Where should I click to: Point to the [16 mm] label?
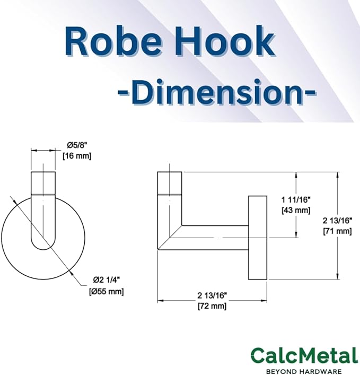pyautogui.click(x=77, y=156)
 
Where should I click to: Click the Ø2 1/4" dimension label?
pyautogui.click(x=106, y=280)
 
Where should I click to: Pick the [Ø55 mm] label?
pyautogui.click(x=107, y=292)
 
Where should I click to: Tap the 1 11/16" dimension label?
pyautogui.click(x=296, y=199)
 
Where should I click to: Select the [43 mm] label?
pyautogui.click(x=296, y=210)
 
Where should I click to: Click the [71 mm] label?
pyautogui.click(x=337, y=231)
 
